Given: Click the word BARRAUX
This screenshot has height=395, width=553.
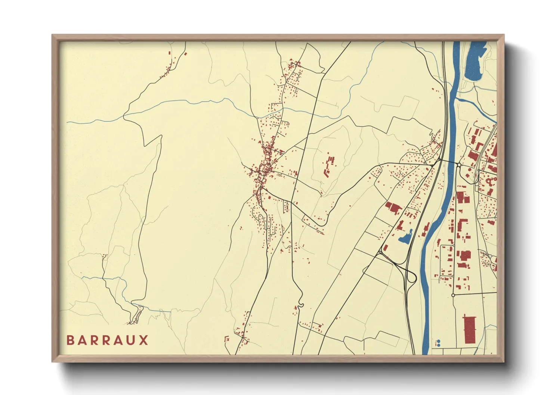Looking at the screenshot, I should (107, 340).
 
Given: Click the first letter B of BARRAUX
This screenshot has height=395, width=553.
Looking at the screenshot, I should (70, 340).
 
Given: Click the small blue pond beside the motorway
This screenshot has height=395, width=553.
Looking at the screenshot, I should (405, 237).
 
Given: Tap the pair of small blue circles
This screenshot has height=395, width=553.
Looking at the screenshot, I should (438, 343).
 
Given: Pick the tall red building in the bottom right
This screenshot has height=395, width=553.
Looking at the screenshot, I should (470, 329).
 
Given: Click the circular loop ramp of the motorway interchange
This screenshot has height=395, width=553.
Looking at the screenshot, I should (411, 277).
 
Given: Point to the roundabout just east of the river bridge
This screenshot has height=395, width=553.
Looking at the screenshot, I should (459, 165).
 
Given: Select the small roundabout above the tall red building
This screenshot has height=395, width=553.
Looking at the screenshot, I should (453, 295).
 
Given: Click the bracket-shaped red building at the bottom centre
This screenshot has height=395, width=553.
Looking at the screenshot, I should (226, 339).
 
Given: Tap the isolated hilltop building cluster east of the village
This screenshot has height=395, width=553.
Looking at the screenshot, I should (329, 166).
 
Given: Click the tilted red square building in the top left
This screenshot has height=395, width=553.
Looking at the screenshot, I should (185, 54).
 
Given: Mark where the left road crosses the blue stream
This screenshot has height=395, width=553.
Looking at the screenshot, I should (124, 116).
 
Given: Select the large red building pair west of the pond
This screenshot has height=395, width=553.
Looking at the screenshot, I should (393, 207).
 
